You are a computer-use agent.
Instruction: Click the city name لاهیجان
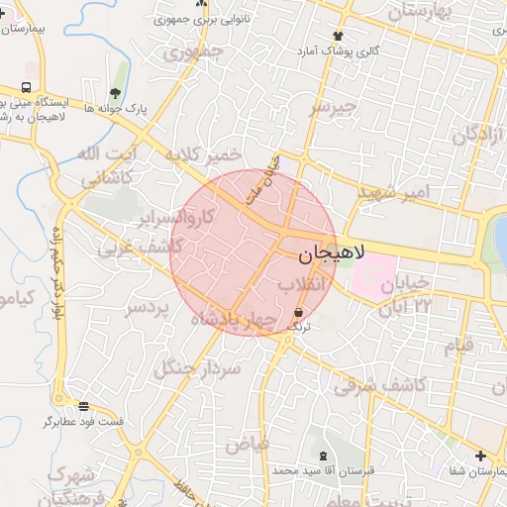(331, 254)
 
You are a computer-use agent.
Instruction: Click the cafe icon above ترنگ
(298, 312)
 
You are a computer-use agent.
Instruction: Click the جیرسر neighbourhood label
(331, 108)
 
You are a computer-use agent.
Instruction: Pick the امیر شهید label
(392, 189)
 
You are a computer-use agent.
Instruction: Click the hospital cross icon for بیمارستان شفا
(480, 456)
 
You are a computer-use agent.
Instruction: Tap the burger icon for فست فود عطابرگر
(83, 406)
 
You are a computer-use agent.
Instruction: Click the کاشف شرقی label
(379, 384)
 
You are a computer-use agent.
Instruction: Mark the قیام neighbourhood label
(457, 345)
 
